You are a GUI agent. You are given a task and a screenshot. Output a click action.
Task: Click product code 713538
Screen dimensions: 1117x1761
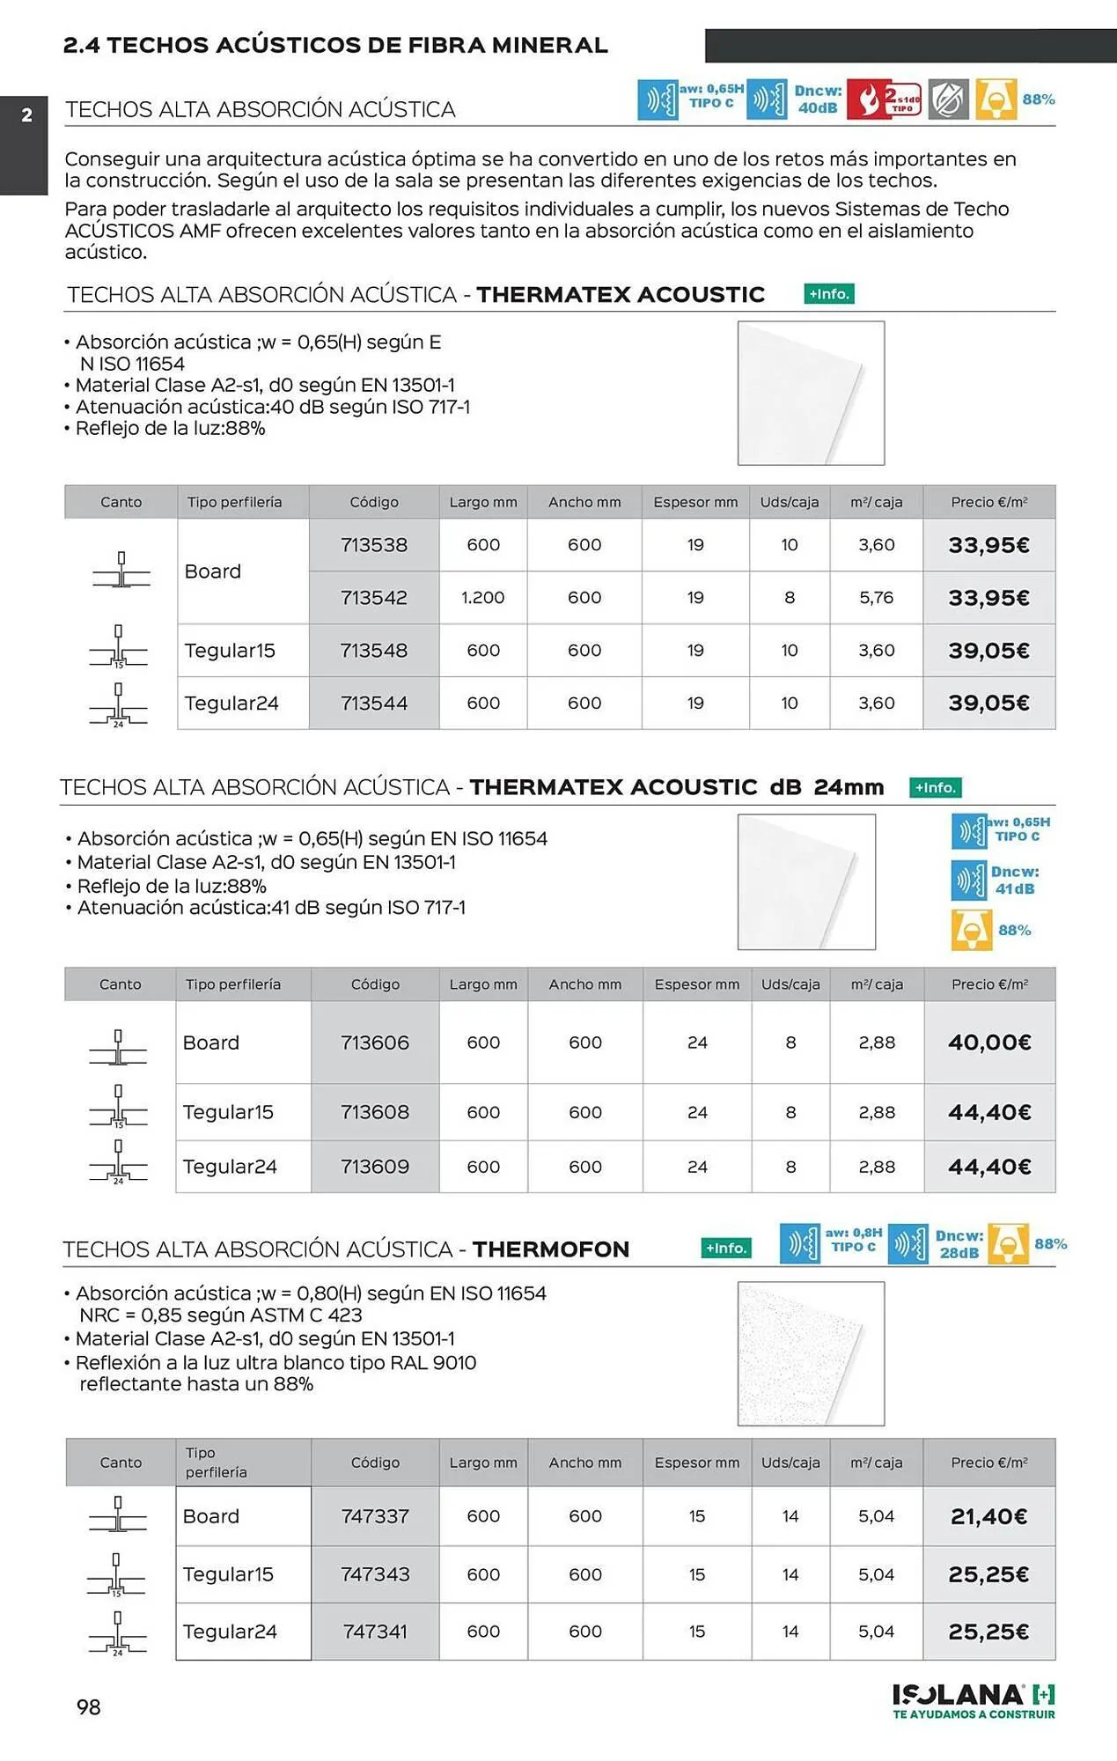tap(374, 545)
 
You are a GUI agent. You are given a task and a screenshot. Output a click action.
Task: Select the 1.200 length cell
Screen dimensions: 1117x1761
tap(482, 598)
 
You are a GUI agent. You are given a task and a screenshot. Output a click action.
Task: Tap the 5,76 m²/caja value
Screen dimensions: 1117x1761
tap(876, 598)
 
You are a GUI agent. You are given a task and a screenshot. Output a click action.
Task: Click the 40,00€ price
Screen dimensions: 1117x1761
tap(989, 1043)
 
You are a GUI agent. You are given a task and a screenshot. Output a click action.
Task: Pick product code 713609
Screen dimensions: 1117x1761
tap(375, 1167)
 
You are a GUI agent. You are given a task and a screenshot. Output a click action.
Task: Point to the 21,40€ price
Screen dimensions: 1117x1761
tap(988, 1516)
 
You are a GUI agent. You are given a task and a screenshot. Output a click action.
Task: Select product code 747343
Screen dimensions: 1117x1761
tap(375, 1574)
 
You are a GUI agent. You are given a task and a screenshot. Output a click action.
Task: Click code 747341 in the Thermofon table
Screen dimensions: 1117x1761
tap(375, 1632)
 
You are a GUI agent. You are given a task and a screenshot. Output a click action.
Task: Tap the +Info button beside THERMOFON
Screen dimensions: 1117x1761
tap(726, 1248)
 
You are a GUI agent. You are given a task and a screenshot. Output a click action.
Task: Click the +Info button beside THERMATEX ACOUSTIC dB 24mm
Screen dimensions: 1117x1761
tap(935, 787)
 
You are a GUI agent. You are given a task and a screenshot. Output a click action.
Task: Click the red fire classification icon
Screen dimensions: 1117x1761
tap(884, 99)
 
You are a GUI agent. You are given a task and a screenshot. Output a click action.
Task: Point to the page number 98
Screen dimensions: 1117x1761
tap(89, 1707)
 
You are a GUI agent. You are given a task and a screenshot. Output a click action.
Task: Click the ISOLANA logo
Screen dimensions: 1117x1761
tap(973, 1700)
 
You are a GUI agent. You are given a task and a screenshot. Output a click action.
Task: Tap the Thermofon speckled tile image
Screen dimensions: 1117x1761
tap(811, 1353)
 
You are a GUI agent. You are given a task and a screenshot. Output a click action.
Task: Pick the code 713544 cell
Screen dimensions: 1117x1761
tap(374, 704)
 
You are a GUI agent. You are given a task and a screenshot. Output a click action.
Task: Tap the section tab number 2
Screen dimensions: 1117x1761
tap(26, 115)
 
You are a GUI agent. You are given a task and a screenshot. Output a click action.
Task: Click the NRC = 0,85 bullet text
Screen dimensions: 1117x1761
tap(220, 1315)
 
